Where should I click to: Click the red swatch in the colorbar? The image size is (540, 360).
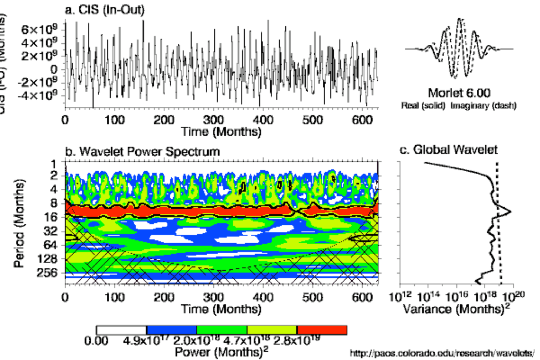322,330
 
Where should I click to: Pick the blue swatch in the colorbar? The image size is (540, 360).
171,330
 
